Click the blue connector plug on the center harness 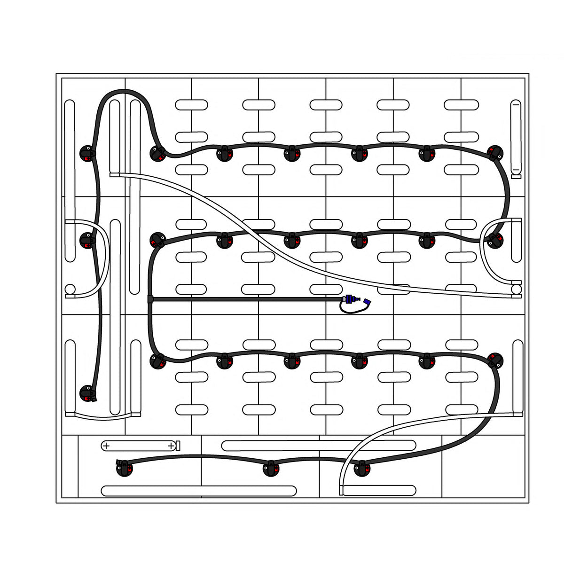[x=350, y=299]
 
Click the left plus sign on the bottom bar [x=106, y=445]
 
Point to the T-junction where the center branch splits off [x=150, y=299]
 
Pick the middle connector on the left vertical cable [x=87, y=240]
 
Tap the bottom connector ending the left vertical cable [x=88, y=393]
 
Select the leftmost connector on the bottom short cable [x=124, y=469]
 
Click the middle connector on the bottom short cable [x=272, y=469]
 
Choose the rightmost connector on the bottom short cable [x=361, y=469]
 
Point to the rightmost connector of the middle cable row [x=494, y=240]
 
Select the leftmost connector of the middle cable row [x=157, y=240]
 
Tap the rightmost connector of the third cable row [x=495, y=360]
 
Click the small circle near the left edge [x=70, y=289]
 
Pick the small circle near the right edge [x=517, y=288]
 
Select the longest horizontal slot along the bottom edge [x=199, y=491]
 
